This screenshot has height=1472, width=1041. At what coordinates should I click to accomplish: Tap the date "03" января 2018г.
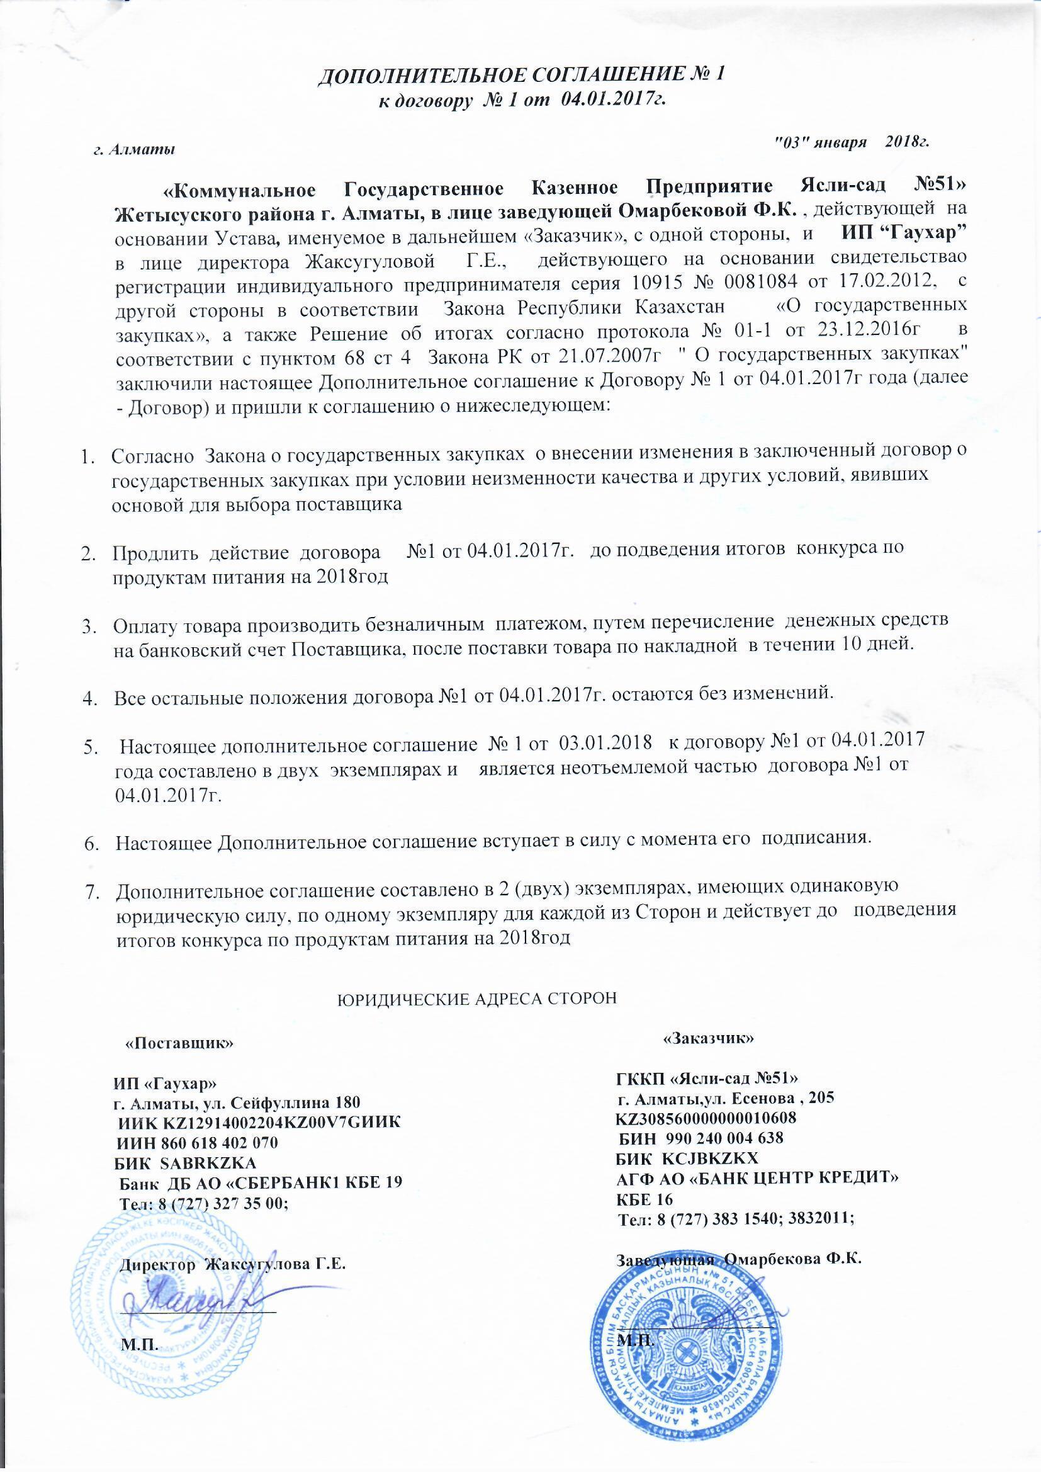[852, 141]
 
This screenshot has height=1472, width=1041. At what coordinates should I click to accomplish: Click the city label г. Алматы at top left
[135, 150]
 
